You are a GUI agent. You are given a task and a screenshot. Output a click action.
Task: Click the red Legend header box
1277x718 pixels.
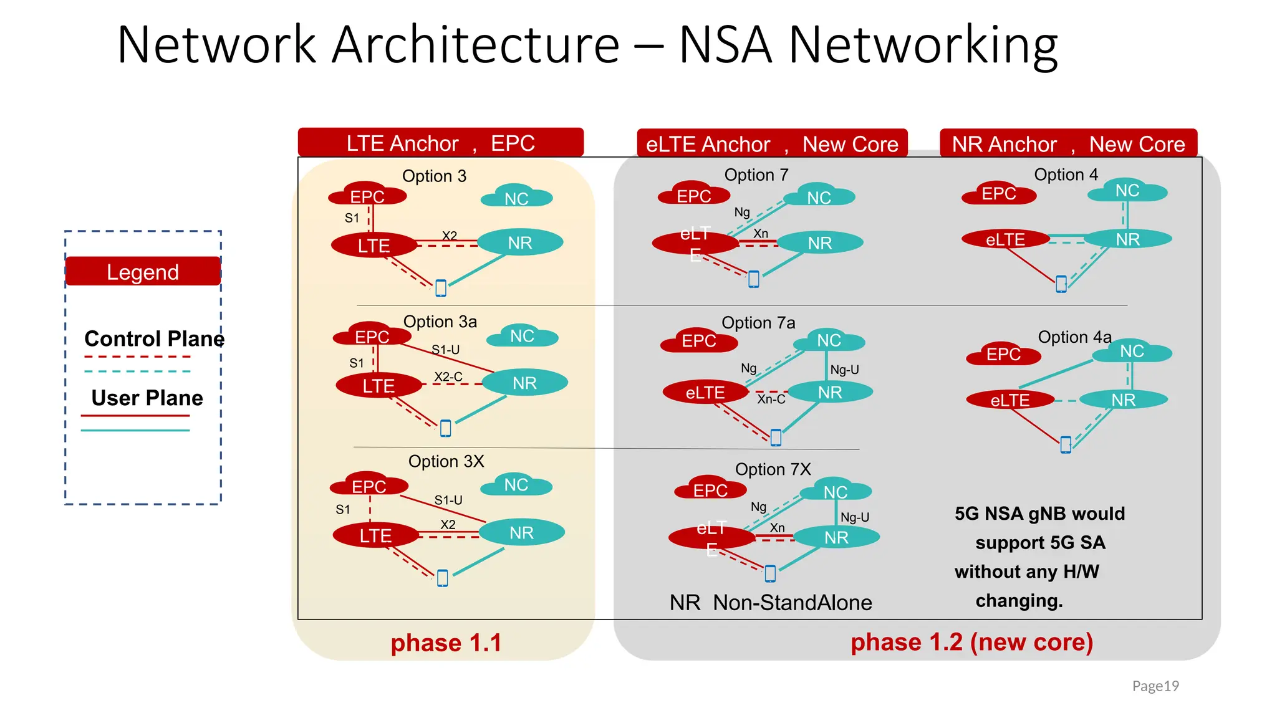coord(143,272)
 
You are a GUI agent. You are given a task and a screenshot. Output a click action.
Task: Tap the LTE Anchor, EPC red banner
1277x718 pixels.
coord(440,143)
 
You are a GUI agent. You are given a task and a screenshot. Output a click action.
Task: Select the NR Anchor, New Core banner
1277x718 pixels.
coord(1068,144)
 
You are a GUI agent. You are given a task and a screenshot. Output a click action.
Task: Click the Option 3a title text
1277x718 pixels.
coord(440,322)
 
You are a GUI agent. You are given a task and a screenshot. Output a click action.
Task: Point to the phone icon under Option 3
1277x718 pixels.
coord(441,288)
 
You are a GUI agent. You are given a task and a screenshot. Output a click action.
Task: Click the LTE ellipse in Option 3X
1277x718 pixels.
coord(375,535)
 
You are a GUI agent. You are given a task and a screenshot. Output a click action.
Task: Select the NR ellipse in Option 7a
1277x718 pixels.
coord(830,392)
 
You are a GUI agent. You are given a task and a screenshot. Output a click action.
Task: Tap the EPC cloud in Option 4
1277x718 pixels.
coord(999,194)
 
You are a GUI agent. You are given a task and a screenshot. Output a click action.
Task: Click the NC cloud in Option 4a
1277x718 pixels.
coord(1132,352)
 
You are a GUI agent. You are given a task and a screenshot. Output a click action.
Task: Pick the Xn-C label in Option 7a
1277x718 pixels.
coord(771,399)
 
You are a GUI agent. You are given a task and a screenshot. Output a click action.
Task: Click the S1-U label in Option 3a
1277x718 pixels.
coord(445,350)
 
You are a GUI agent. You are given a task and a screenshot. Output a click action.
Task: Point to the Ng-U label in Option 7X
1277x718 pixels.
coord(854,517)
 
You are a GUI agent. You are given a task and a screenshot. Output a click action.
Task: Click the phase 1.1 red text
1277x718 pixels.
coord(446,643)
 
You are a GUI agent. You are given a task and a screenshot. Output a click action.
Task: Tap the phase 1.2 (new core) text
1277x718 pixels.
coord(971,642)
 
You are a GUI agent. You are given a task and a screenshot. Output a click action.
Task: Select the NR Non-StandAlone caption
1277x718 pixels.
coord(771,603)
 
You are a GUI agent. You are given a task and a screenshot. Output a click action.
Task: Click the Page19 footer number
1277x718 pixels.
coord(1155,686)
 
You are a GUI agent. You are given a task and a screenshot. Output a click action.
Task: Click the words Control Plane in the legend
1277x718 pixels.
coord(154,338)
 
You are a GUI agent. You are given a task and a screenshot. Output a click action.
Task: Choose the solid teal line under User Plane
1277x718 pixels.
coord(135,430)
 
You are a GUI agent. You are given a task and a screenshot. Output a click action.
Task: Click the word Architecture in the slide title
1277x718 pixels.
coord(476,45)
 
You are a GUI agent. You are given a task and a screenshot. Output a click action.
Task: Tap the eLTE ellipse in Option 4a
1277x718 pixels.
coord(1010,400)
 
